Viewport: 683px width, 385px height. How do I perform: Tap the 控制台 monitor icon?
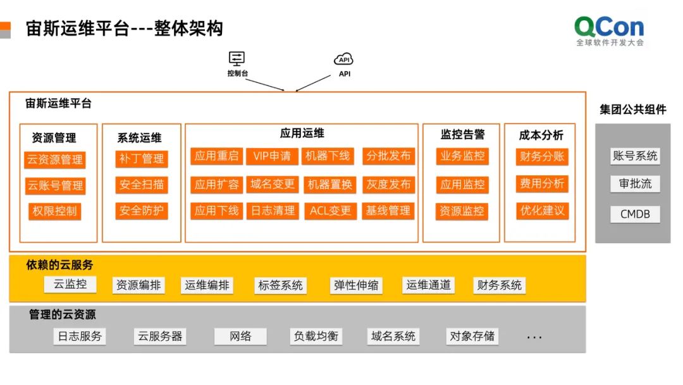point(237,59)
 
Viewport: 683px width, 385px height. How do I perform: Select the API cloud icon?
point(343,60)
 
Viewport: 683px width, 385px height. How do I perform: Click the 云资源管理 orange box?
point(55,160)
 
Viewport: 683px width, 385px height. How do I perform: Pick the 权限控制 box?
point(55,211)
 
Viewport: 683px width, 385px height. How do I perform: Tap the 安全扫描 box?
point(142,185)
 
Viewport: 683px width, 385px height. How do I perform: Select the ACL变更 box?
point(330,211)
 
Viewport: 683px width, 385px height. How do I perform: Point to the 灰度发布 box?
point(388,185)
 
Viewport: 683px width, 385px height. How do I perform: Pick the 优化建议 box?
point(542,210)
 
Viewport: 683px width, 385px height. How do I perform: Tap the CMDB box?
point(635,214)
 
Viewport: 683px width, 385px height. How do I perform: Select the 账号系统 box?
point(635,156)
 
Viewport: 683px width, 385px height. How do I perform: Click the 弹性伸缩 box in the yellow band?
point(356,286)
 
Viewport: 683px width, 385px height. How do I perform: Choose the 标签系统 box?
point(280,286)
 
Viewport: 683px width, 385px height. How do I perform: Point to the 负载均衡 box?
point(316,336)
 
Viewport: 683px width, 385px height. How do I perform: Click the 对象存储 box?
point(472,336)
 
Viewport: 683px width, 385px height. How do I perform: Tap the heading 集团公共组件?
point(633,110)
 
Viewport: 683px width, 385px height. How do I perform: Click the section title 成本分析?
point(541,135)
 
